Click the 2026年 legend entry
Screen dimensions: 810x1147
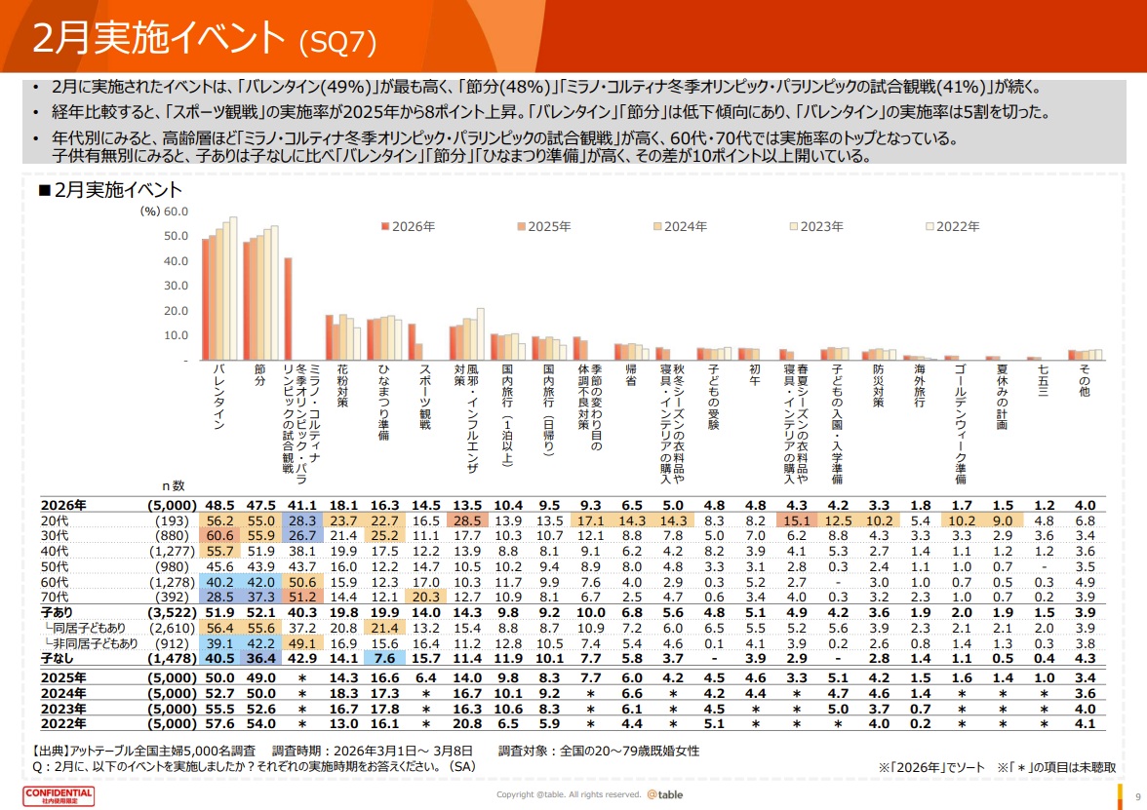(x=408, y=225)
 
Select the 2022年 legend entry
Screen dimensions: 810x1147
(x=952, y=225)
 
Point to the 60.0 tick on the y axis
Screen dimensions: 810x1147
(x=176, y=211)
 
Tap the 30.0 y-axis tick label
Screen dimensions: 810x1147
(x=176, y=286)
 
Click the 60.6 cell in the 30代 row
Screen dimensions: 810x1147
(x=218, y=535)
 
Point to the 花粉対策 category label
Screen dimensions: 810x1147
(x=342, y=386)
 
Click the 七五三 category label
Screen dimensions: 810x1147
(x=1044, y=380)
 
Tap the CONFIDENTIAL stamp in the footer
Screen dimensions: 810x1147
(x=59, y=795)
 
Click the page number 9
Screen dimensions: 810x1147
(x=1137, y=794)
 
